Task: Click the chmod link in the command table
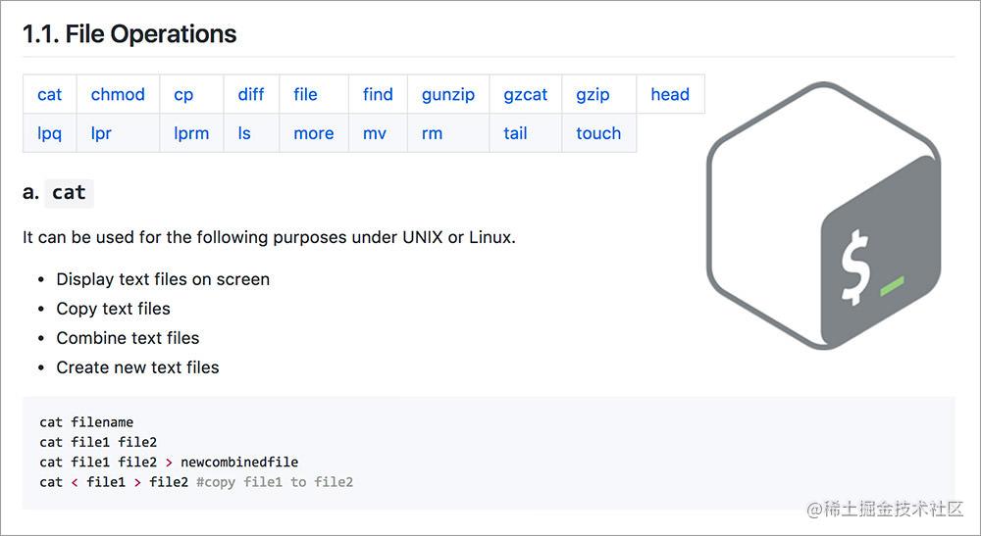pyautogui.click(x=118, y=94)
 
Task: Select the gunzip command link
pyautogui.click(x=448, y=95)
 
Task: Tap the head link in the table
pyautogui.click(x=670, y=94)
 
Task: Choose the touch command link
pyautogui.click(x=598, y=133)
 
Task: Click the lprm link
pyautogui.click(x=191, y=133)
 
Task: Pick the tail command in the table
pyautogui.click(x=516, y=133)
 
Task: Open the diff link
pyautogui.click(x=251, y=94)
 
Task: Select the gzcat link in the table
pyautogui.click(x=526, y=95)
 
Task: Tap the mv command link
pyautogui.click(x=375, y=133)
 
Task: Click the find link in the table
pyautogui.click(x=378, y=94)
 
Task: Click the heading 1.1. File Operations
pyautogui.click(x=129, y=33)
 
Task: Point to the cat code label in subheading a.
pyautogui.click(x=69, y=192)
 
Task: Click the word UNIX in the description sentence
pyautogui.click(x=422, y=237)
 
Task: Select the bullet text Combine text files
pyautogui.click(x=128, y=338)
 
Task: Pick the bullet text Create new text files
pyautogui.click(x=137, y=367)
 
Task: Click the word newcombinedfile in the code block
pyautogui.click(x=239, y=463)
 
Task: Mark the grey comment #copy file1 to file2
pyautogui.click(x=275, y=482)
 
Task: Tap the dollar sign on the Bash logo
pyautogui.click(x=854, y=268)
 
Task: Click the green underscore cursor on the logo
pyautogui.click(x=892, y=285)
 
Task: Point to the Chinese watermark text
pyautogui.click(x=885, y=510)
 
